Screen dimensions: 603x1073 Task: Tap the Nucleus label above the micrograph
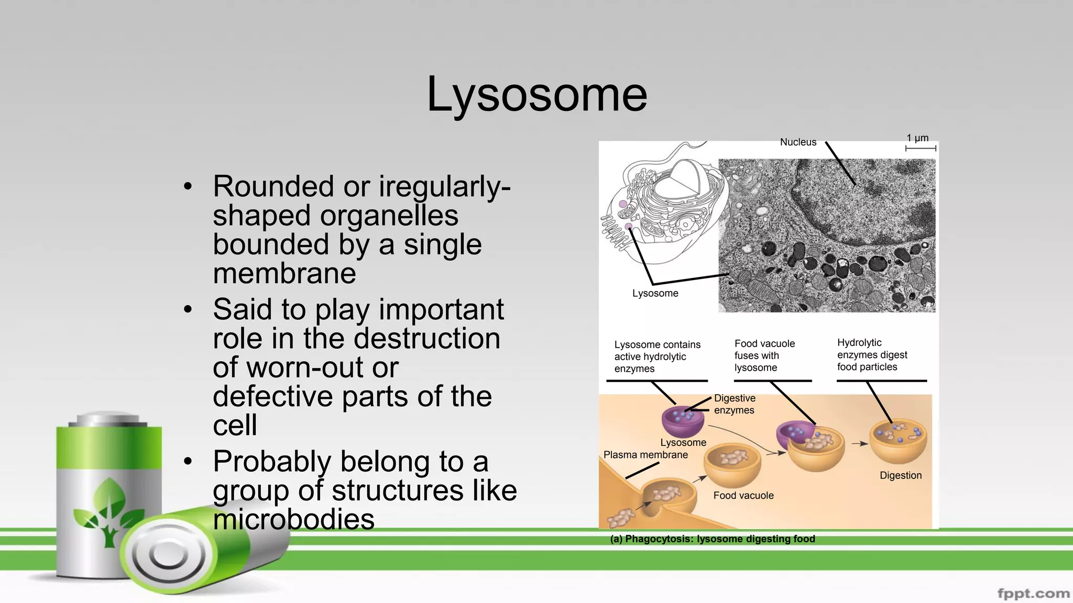[x=798, y=142]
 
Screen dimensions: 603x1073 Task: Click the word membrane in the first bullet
[x=284, y=273]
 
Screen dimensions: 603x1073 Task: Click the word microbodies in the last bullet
[x=293, y=519]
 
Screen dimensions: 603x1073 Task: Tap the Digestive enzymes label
[x=734, y=404]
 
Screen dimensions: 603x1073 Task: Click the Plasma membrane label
[x=645, y=455]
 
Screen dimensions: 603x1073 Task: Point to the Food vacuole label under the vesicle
[x=743, y=495]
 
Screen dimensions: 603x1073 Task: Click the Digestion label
[x=900, y=475]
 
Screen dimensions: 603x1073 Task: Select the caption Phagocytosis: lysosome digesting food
[x=713, y=539]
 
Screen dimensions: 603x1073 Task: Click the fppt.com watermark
[x=1033, y=593]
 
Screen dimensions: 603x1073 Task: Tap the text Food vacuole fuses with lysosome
[x=764, y=355]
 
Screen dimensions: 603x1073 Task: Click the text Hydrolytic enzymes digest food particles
[x=872, y=355]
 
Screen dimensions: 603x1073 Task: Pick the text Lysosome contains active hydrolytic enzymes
[x=657, y=356]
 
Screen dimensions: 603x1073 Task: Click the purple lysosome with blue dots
[x=682, y=420]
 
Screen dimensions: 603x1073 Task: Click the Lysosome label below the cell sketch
[x=655, y=293]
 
